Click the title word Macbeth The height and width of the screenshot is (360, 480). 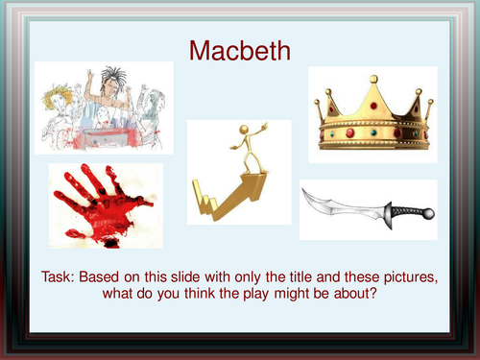[x=239, y=50]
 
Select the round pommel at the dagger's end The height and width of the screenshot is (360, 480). [x=429, y=213]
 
